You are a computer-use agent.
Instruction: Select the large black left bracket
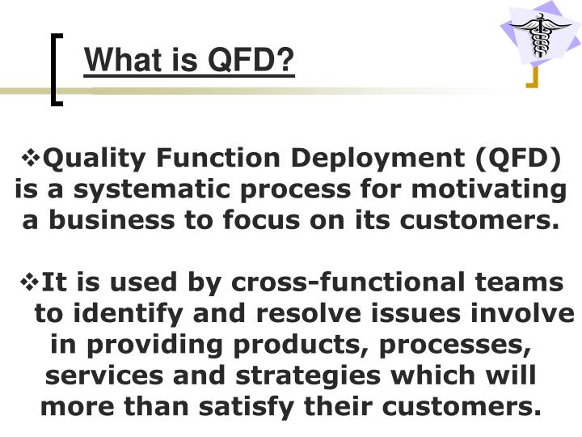56,69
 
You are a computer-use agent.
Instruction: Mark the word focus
303,220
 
